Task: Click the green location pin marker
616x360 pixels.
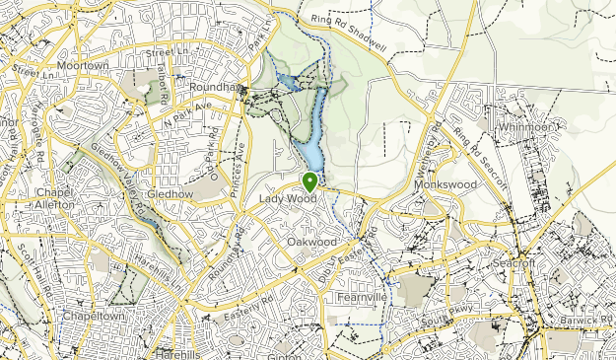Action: pos(309,181)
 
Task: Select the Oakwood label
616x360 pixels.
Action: pos(311,242)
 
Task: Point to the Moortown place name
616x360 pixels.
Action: pos(82,65)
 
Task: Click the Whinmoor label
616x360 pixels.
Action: pos(527,127)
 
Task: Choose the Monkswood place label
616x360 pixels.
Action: pos(445,184)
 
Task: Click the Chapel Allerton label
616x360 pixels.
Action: pos(54,198)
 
